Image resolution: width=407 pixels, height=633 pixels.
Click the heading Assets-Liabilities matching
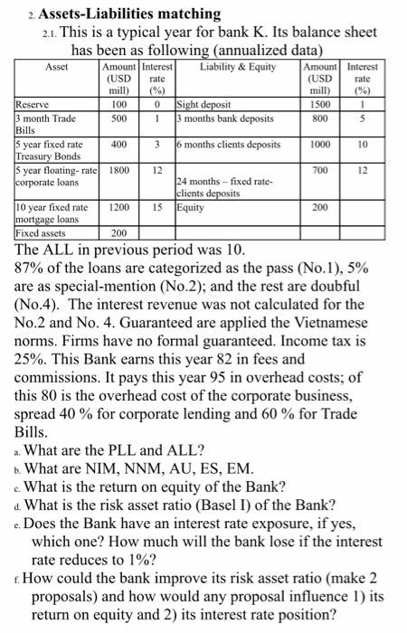(117, 14)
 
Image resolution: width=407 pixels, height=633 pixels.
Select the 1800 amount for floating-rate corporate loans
(118, 169)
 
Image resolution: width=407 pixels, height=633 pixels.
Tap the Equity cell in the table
(193, 207)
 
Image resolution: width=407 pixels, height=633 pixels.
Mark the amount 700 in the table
(320, 169)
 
